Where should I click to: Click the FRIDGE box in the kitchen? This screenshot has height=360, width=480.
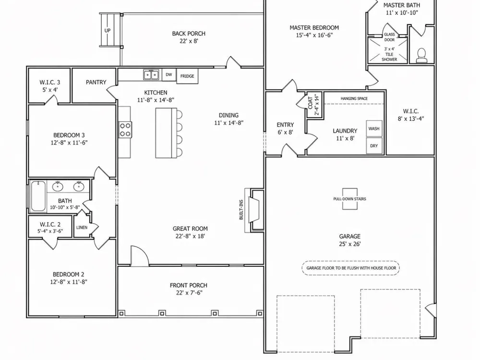click(x=187, y=76)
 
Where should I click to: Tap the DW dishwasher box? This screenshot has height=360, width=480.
click(x=169, y=75)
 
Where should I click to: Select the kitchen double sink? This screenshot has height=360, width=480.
click(x=151, y=74)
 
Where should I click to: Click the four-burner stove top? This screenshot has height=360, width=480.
click(x=125, y=130)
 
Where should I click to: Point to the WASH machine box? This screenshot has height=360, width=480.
click(x=374, y=129)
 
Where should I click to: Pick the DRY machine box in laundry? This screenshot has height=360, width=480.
click(x=374, y=146)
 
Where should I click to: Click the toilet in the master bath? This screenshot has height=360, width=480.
click(x=421, y=55)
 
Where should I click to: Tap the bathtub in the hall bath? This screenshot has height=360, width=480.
click(x=38, y=196)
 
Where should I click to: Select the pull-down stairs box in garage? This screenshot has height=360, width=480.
click(x=349, y=199)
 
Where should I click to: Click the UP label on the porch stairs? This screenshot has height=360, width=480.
click(x=108, y=31)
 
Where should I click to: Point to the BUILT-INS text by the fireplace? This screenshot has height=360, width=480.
click(x=241, y=210)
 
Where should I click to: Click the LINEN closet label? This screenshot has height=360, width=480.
click(x=82, y=228)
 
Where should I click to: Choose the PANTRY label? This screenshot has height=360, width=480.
click(x=96, y=83)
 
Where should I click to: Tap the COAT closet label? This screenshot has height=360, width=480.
click(x=311, y=103)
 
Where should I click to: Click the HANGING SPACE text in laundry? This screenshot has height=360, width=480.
click(x=354, y=98)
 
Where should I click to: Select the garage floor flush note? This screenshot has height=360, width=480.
click(x=351, y=268)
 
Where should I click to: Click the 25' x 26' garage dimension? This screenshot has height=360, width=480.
click(x=349, y=244)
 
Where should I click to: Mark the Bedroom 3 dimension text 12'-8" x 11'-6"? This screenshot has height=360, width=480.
click(x=69, y=143)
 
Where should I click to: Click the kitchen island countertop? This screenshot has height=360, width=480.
click(x=166, y=133)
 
